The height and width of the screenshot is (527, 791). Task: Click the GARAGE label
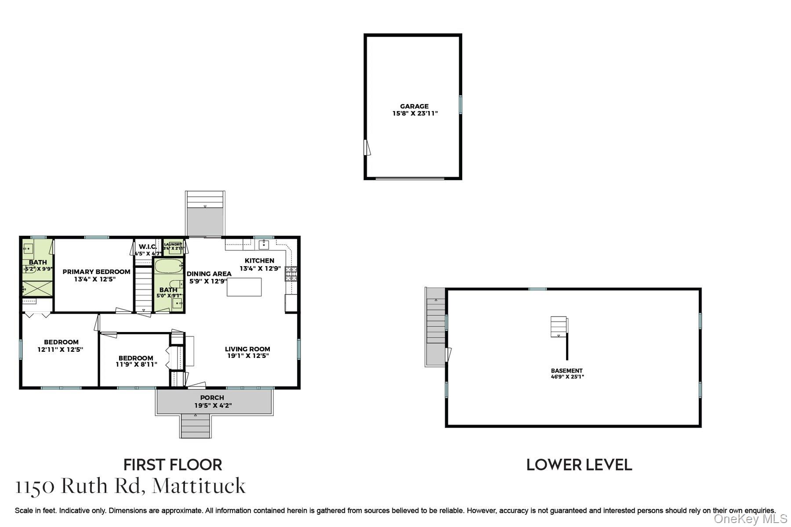414,106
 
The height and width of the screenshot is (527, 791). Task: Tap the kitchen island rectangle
244,287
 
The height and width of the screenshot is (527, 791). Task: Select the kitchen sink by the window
264,244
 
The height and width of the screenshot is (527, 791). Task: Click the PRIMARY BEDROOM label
96,272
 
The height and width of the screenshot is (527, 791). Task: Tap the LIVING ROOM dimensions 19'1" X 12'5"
247,356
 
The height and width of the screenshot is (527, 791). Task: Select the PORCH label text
212,398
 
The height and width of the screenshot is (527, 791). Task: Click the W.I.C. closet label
148,247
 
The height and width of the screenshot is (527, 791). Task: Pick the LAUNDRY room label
173,245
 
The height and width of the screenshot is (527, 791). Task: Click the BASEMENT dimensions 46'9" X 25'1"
567,377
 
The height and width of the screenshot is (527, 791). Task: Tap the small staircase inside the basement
558,327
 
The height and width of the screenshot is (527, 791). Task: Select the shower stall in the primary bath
37,288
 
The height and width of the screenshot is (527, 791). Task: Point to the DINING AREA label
209,274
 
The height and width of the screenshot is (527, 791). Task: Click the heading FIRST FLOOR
172,465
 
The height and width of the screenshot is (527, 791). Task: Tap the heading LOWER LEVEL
579,465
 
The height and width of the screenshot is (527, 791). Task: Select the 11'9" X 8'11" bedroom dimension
136,364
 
